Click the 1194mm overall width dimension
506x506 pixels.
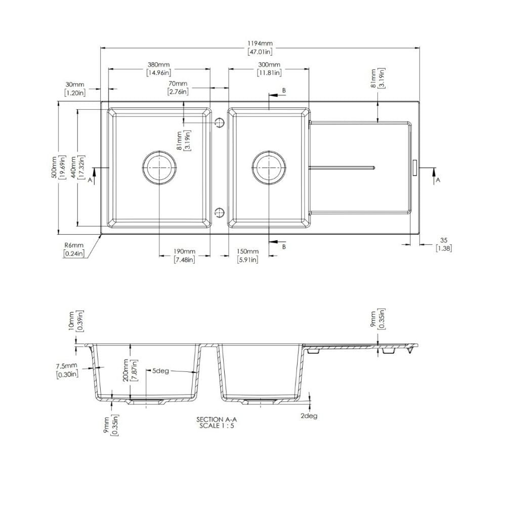pyautogui.click(x=260, y=47)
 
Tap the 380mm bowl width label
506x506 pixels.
pyautogui.click(x=158, y=68)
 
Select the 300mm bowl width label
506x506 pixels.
pyautogui.click(x=269, y=68)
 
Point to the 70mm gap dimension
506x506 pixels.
pyautogui.click(x=178, y=88)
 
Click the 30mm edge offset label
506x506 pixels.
pyautogui.click(x=75, y=89)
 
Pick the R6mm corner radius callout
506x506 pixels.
pyautogui.click(x=74, y=249)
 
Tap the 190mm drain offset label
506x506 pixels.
pyautogui.click(x=185, y=256)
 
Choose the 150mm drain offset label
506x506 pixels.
pyautogui.click(x=247, y=256)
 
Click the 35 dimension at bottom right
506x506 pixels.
pyautogui.click(x=444, y=244)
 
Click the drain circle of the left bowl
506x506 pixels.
pyautogui.click(x=159, y=167)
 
